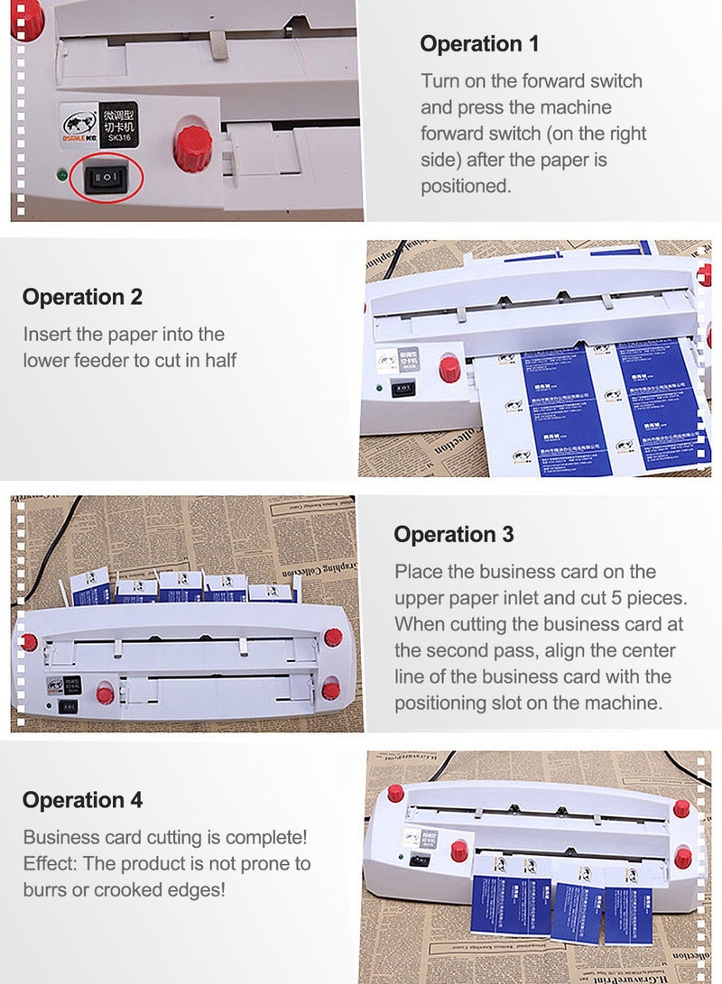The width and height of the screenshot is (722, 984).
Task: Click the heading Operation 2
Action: [x=82, y=297]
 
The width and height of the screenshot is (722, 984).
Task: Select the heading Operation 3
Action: [x=453, y=534]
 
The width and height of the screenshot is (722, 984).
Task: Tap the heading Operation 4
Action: [x=82, y=800]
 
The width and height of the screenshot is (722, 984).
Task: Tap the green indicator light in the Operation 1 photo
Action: [x=60, y=176]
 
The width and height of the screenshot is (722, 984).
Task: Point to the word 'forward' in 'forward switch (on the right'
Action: [x=453, y=133]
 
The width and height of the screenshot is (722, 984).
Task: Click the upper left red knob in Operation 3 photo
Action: [x=28, y=642]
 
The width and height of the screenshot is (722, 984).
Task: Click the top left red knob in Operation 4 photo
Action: [x=395, y=794]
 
